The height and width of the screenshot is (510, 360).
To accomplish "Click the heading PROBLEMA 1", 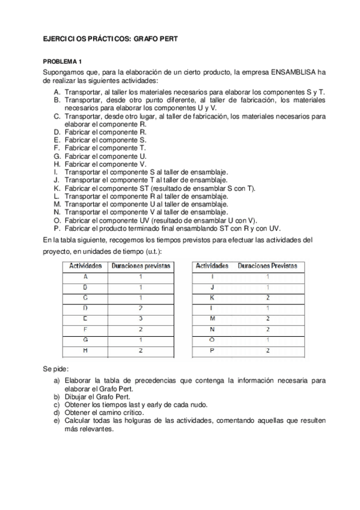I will coord(62,62).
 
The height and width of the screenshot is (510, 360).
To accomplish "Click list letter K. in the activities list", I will coord(56,188).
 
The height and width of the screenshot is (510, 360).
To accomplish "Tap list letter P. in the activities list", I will coord(56,228).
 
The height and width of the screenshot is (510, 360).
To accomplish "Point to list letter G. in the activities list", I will coord(56,156).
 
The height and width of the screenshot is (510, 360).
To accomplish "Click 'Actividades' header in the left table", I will coord(85,265).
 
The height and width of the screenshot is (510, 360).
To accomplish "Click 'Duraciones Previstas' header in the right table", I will coord(267,265).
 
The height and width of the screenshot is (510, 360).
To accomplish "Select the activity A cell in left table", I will coord(85,276).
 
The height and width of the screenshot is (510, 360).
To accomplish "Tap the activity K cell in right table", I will coord(212,297).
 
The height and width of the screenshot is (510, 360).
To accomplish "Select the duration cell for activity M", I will coord(267,318).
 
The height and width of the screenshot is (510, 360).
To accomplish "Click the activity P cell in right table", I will coord(212,349).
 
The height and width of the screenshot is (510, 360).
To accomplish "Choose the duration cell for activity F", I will coord(140,328).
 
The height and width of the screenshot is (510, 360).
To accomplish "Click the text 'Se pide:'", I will coord(56,367).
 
